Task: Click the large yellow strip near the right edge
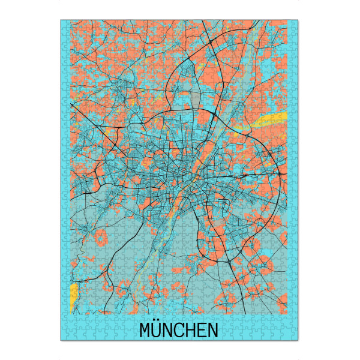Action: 271,119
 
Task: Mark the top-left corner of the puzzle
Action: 61,20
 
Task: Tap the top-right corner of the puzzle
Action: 298,20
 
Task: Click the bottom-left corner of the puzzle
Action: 61,341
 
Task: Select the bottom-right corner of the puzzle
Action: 298,341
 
